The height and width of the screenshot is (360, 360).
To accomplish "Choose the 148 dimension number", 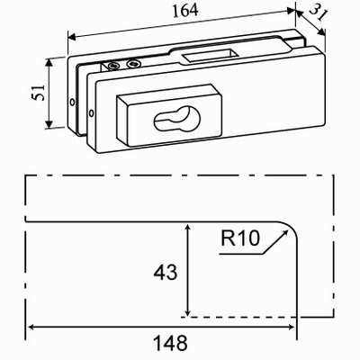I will (169, 342).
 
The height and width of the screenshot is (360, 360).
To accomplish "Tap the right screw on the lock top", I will (133, 64).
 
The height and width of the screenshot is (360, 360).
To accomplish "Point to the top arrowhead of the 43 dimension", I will (186, 227).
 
